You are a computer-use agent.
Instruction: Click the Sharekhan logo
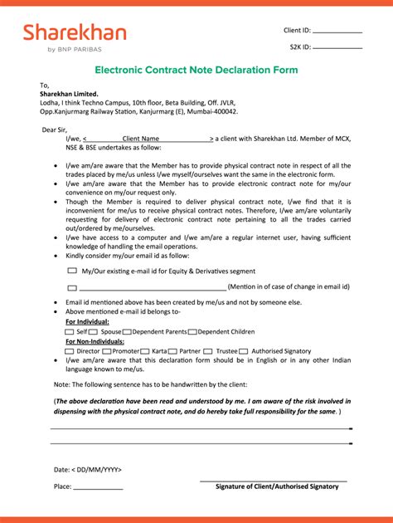(75, 37)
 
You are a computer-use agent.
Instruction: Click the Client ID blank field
(337, 31)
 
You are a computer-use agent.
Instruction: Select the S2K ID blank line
(337, 48)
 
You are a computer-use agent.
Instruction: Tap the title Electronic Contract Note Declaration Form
(196, 71)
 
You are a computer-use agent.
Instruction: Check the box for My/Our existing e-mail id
(72, 271)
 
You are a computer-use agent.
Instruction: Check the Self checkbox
(69, 331)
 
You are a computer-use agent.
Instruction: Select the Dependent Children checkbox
(193, 331)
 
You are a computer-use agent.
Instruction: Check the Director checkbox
(70, 351)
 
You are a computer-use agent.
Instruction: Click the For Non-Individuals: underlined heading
(95, 341)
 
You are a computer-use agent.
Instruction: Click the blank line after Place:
(98, 486)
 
